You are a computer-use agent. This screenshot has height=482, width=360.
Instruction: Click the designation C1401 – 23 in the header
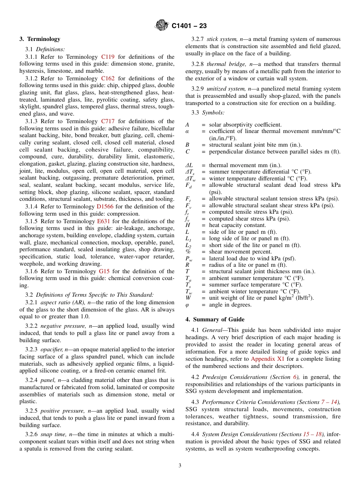(x=189, y=26)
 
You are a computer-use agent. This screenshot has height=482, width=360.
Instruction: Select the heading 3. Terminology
(x=40, y=39)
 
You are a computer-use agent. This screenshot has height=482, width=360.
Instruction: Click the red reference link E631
(x=105, y=221)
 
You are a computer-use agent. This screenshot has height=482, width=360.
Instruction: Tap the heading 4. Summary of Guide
(x=215, y=319)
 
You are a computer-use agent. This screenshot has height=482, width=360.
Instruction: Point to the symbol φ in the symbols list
(x=187, y=305)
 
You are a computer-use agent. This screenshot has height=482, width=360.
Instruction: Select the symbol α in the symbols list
(x=187, y=131)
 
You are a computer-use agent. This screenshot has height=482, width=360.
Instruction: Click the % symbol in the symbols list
(x=188, y=252)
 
